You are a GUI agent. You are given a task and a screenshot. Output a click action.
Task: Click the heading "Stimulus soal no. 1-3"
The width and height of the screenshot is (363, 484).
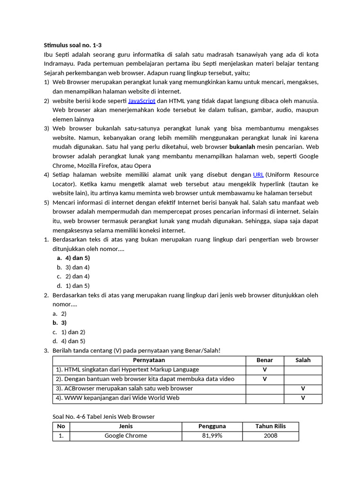tap(72, 45)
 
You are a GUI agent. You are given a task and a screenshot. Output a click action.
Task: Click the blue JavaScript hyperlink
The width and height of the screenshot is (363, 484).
tap(141, 101)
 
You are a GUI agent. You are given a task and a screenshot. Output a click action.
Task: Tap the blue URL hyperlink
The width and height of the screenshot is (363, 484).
tap(258, 175)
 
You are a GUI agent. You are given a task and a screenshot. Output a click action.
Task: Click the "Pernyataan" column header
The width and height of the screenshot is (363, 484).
tap(149, 360)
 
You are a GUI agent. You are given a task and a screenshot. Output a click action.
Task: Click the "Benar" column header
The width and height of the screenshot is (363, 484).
tap(265, 360)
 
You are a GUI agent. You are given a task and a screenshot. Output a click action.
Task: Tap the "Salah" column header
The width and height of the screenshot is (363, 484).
tap(303, 360)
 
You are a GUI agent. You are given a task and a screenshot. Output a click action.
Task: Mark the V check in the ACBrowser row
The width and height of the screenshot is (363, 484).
tap(303, 389)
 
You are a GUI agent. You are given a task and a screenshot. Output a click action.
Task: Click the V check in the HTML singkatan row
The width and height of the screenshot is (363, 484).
tap(265, 370)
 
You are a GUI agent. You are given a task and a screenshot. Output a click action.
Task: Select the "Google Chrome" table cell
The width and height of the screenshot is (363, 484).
tap(126, 436)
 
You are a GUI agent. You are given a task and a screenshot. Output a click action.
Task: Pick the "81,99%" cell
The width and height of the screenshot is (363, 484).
tap(212, 436)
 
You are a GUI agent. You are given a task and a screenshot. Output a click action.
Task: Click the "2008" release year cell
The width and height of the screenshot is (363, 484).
tap(270, 436)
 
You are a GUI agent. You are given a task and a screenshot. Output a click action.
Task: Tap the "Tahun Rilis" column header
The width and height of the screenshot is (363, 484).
tap(270, 426)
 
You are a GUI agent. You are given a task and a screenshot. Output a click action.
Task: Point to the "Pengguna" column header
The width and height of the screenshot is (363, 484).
tap(212, 426)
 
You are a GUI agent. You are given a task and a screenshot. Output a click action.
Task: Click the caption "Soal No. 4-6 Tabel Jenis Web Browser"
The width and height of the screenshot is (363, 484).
tap(104, 416)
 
